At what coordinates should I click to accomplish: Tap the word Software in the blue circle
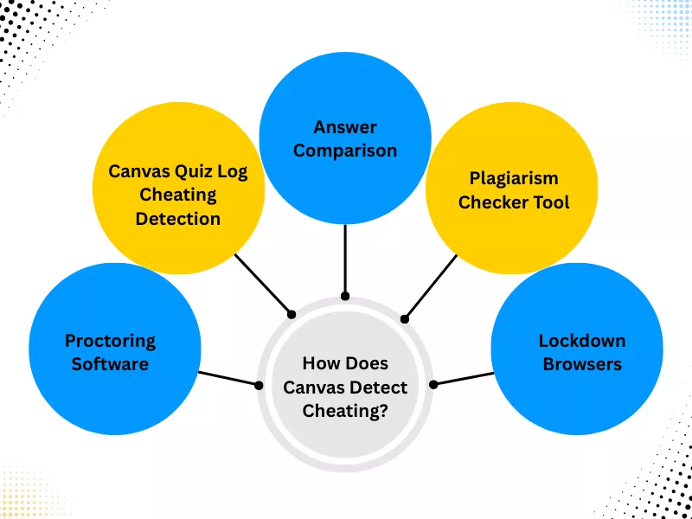coord(110,363)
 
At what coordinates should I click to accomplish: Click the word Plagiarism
coord(514,178)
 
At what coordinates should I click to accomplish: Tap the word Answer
coord(345,127)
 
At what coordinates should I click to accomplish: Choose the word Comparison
coord(345,150)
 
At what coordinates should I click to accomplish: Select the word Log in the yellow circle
coord(232,171)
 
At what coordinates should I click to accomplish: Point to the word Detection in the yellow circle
coord(178,218)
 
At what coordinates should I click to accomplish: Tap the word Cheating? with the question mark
coord(345,410)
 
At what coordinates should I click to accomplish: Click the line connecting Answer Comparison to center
coord(345,259)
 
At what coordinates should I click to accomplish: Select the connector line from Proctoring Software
coord(229,378)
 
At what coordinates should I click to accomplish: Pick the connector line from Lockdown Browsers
coord(463,379)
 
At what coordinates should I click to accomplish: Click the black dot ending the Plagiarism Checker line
coord(404,319)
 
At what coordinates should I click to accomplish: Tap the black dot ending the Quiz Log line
coord(292,313)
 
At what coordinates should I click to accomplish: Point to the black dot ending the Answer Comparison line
coord(345,296)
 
